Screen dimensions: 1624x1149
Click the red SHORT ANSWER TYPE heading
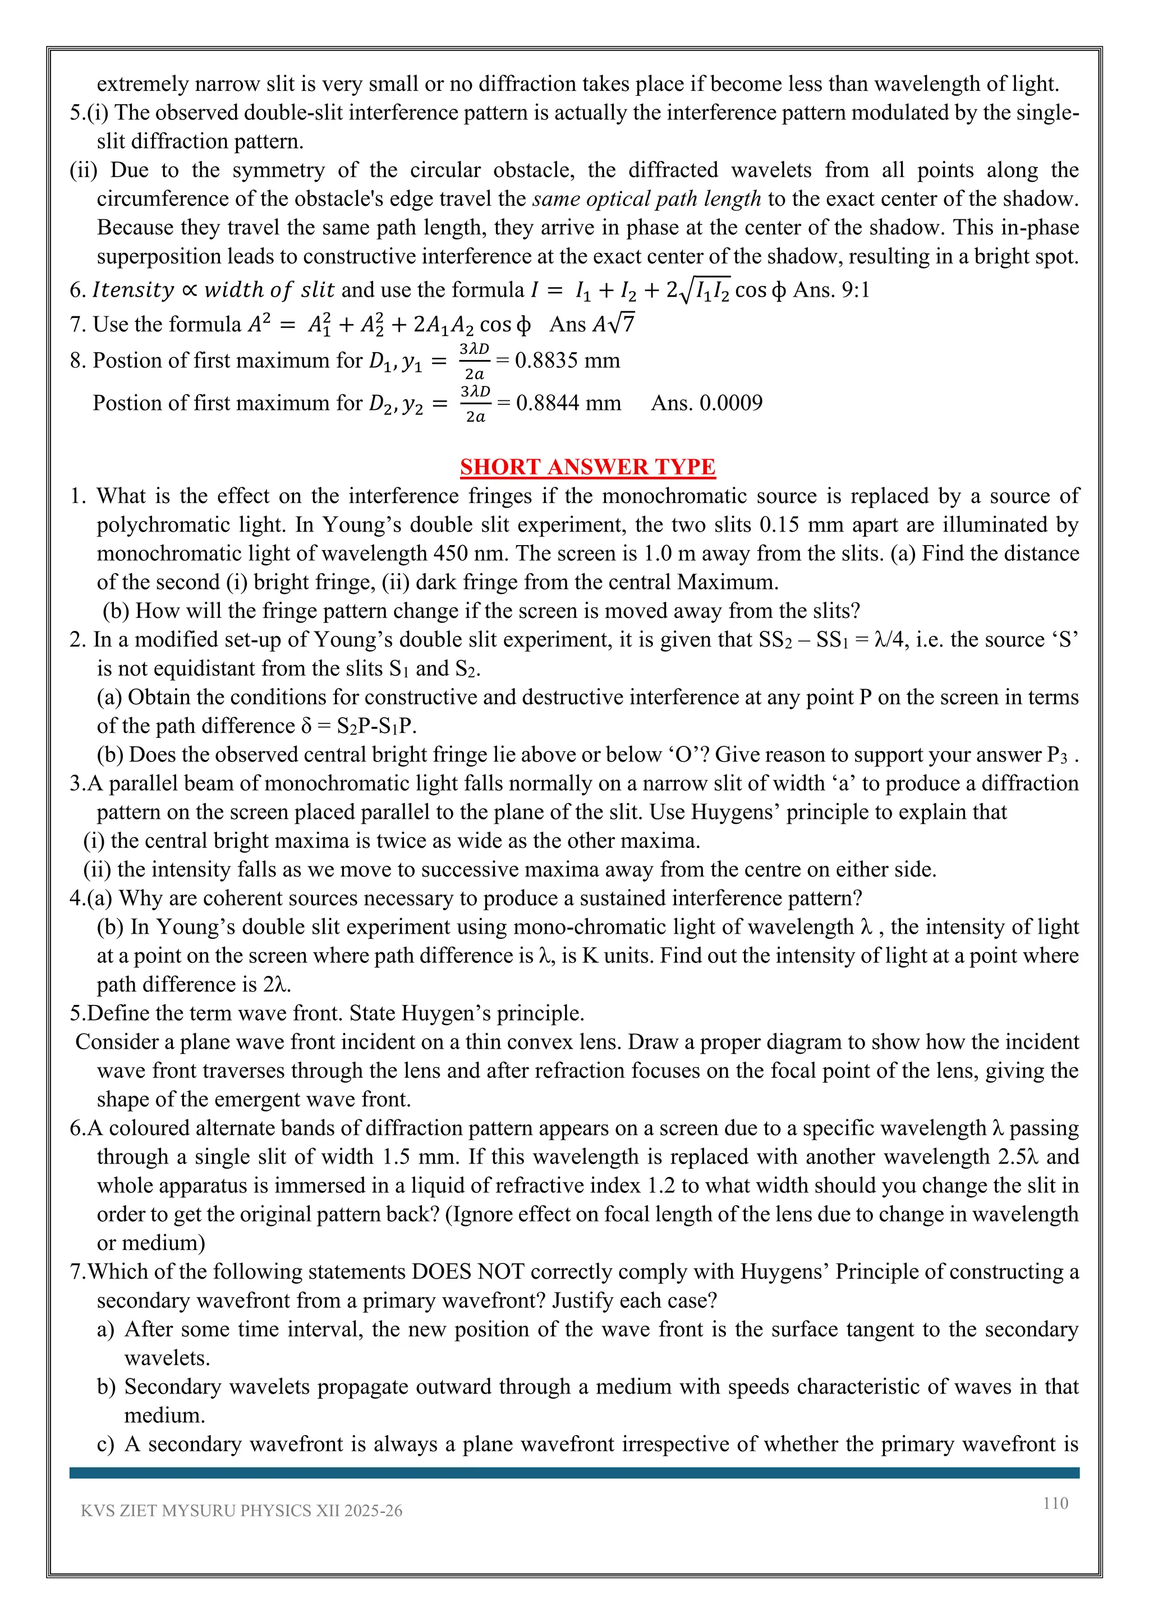pyautogui.click(x=587, y=467)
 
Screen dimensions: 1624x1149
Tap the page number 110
pyautogui.click(x=1055, y=1503)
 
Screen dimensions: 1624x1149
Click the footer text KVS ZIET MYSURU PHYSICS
pyautogui.click(x=241, y=1511)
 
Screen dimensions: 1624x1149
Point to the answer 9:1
pyautogui.click(x=854, y=290)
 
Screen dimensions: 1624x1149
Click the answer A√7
pyautogui.click(x=614, y=324)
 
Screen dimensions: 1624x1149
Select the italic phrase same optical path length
pyautogui.click(x=647, y=199)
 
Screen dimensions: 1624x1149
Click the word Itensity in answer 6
pyautogui.click(x=133, y=290)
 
